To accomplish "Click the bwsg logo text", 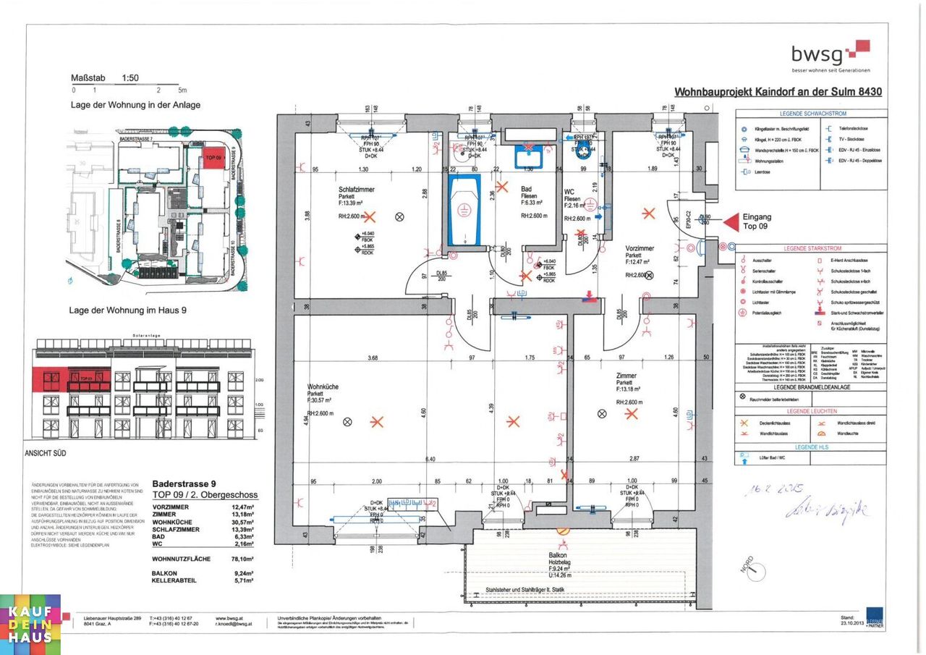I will [817, 54].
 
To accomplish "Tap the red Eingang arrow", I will [731, 221].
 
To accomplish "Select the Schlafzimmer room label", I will [355, 190].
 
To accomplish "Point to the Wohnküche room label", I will [322, 387].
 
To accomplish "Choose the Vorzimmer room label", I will [640, 248].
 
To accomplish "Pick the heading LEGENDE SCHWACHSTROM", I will [812, 114].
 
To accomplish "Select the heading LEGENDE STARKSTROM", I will [812, 248].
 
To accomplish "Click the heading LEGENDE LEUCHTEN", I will [812, 410].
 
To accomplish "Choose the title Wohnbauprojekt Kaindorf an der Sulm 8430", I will [778, 92].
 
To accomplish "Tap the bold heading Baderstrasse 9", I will [184, 483].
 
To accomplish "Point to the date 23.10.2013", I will [852, 622].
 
